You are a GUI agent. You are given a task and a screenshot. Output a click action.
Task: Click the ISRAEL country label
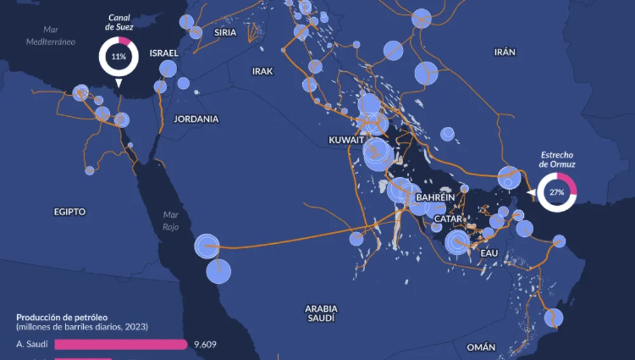[164, 53]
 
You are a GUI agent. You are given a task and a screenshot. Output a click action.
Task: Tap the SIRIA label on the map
[225, 32]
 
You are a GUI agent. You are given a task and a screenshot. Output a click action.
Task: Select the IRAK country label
[262, 71]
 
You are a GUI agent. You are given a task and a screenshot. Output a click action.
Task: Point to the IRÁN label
[505, 52]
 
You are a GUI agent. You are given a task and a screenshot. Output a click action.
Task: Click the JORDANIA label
[196, 119]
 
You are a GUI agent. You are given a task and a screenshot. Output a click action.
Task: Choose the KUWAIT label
[346, 140]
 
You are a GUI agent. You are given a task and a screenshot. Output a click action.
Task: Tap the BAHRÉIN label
[435, 197]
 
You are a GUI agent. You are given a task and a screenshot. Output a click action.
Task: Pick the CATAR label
[448, 218]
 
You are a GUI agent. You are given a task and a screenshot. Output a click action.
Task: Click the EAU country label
[489, 253]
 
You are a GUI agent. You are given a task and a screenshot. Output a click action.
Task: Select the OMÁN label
[481, 347]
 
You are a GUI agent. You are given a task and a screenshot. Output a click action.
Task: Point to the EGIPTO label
[70, 211]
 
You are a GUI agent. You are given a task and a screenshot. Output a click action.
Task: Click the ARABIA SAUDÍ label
[321, 313]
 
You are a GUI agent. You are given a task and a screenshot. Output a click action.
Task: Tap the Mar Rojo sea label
[171, 220]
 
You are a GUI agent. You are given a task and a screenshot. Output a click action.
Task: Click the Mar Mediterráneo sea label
[51, 36]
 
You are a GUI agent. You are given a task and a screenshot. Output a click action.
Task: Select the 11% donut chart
[118, 57]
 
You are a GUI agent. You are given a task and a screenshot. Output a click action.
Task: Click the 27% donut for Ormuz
[557, 192]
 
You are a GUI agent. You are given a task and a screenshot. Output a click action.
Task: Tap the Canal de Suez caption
[119, 22]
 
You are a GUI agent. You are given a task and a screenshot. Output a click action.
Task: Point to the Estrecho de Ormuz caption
[557, 159]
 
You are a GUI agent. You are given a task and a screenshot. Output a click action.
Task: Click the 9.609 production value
[205, 345]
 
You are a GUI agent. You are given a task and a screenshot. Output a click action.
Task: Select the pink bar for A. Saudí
[121, 345]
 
